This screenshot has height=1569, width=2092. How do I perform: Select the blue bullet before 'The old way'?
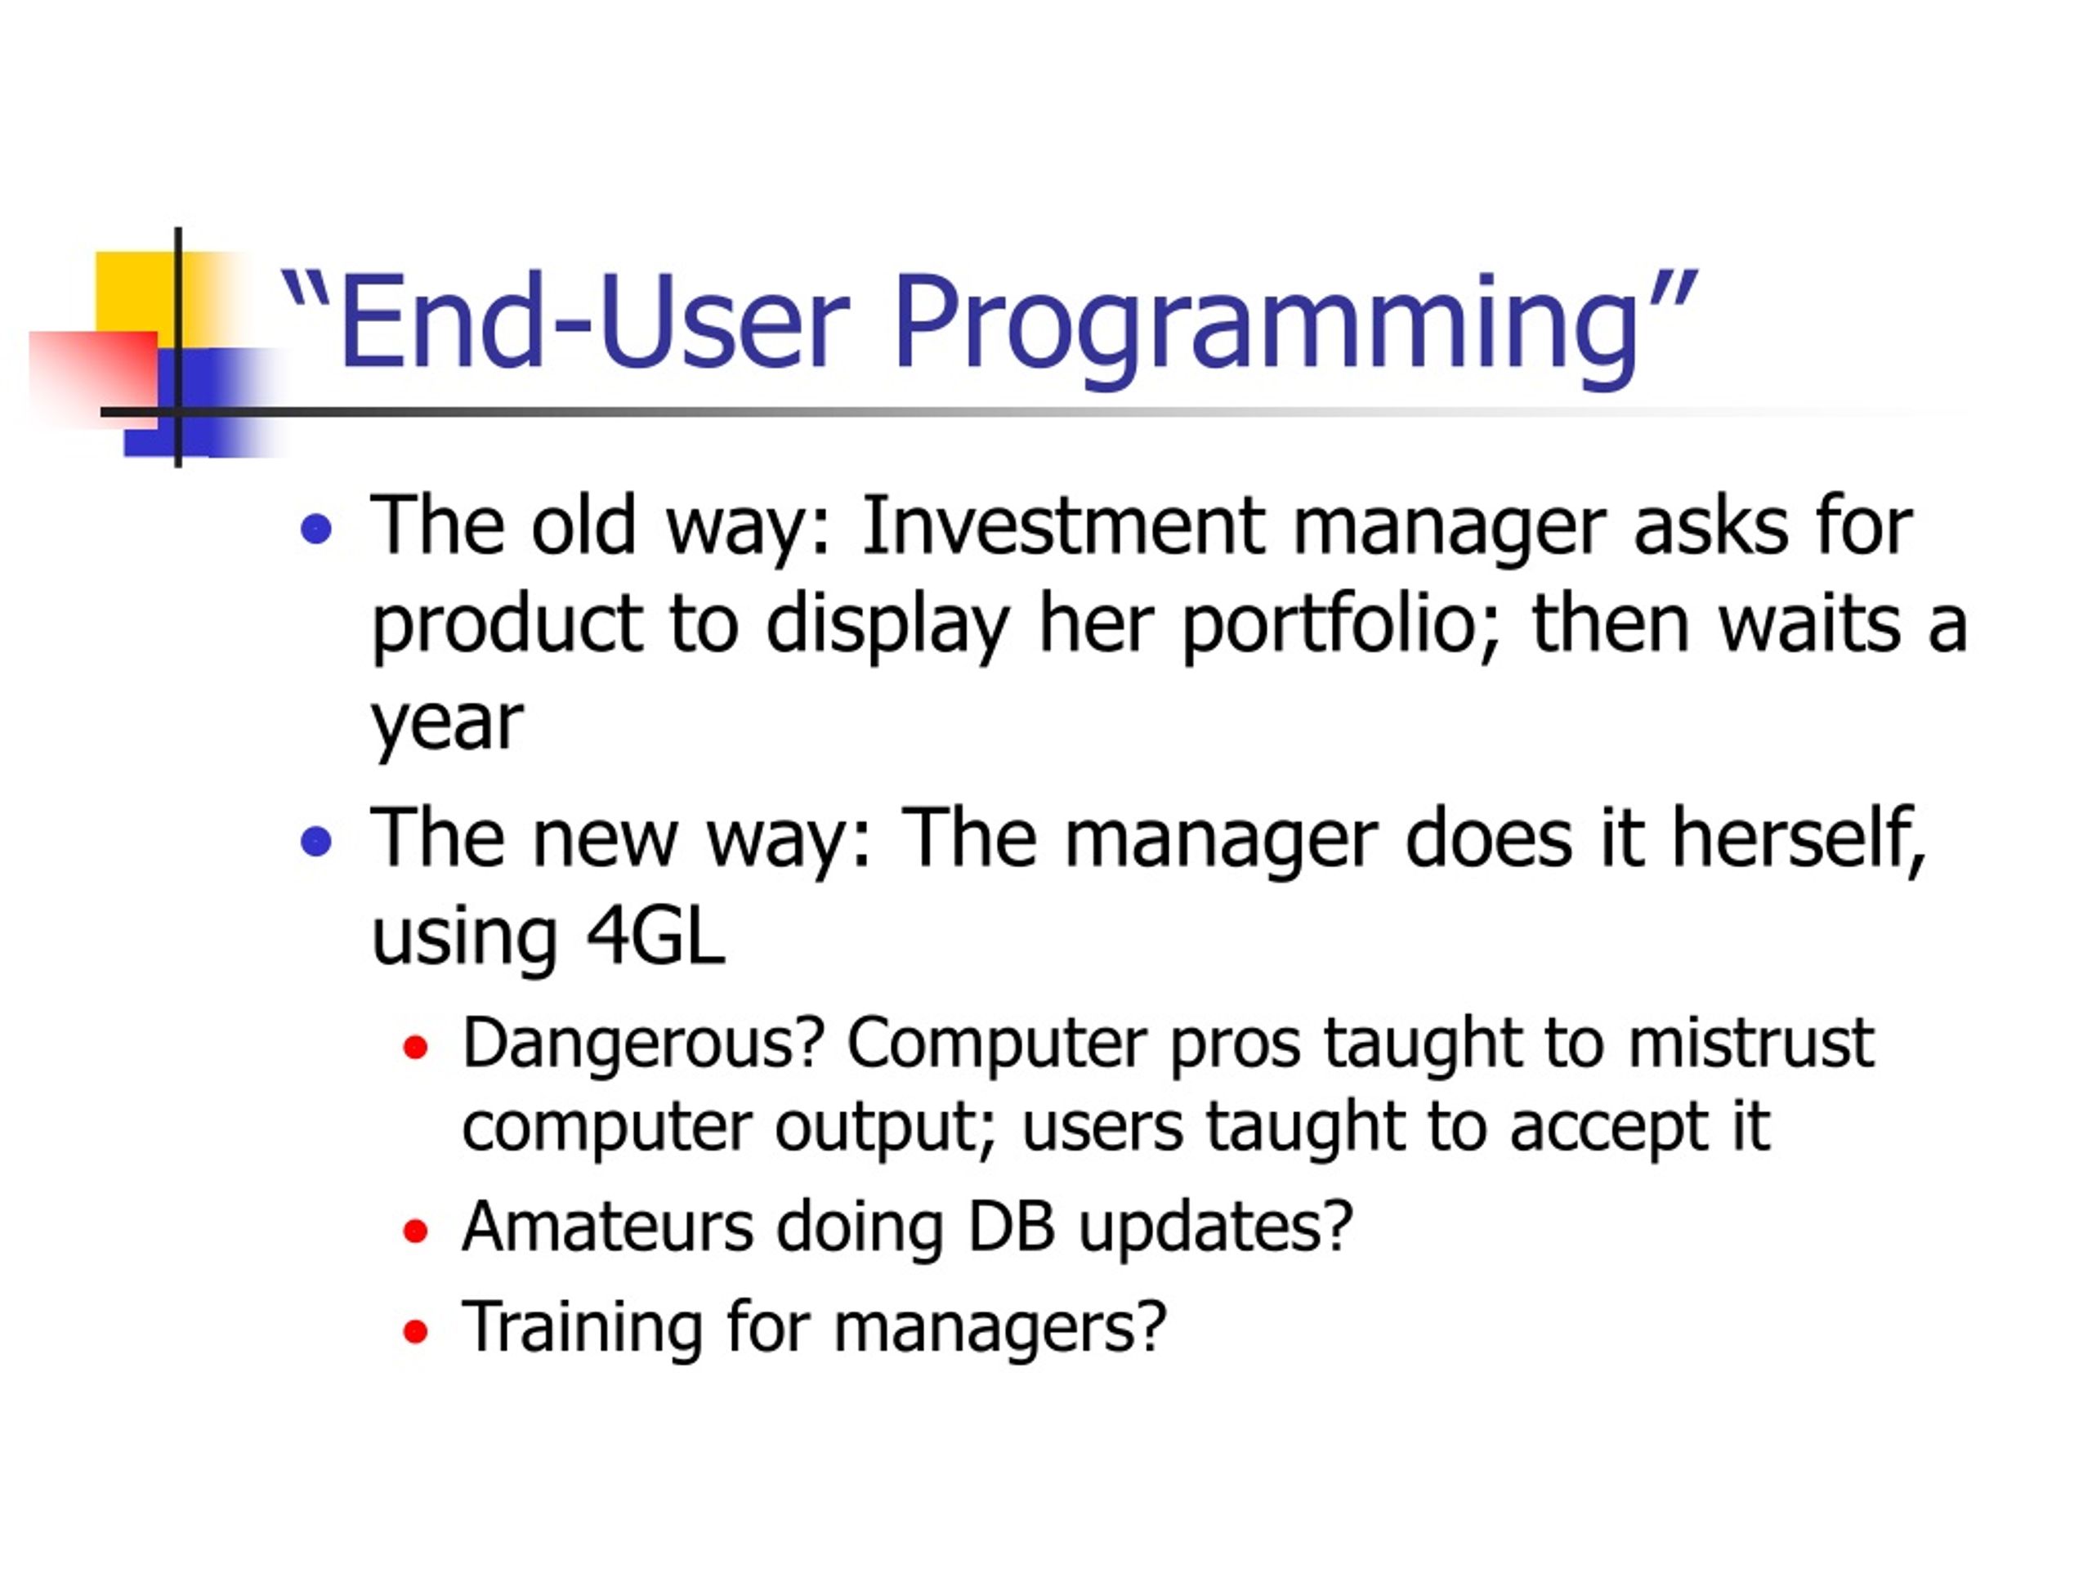pos(316,529)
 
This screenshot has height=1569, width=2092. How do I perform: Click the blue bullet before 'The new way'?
pos(316,841)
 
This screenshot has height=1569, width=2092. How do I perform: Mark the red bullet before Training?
pos(415,1332)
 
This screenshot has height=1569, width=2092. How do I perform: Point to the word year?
pos(446,726)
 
